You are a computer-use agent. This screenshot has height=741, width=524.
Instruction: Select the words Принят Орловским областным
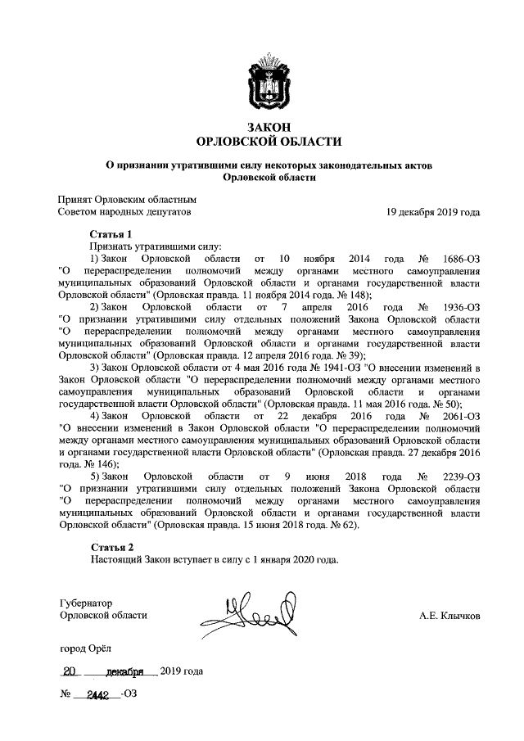coord(127,199)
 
